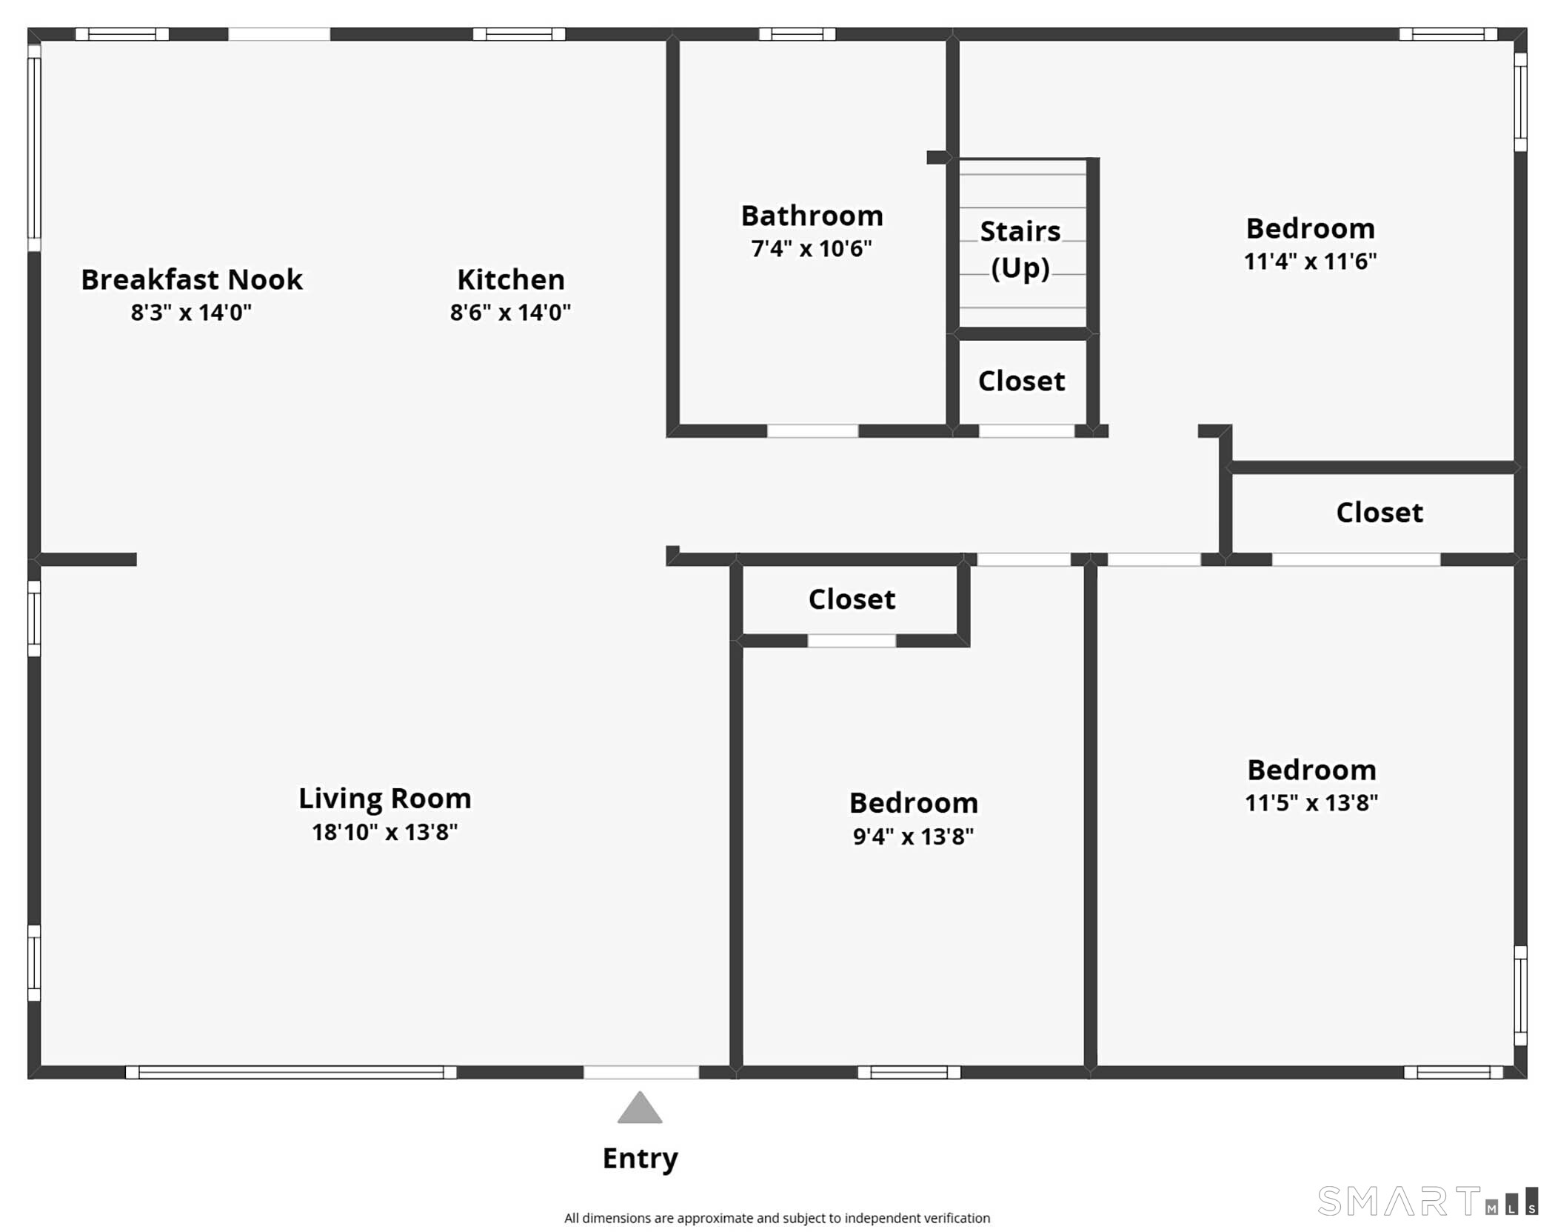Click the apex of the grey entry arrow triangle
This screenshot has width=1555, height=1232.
(640, 1091)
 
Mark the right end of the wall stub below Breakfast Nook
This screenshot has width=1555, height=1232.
(137, 559)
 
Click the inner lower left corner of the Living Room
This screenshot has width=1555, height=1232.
(41, 1066)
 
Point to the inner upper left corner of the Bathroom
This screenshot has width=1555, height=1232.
(680, 41)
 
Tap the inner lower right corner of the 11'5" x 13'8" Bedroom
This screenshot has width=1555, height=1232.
(1514, 1066)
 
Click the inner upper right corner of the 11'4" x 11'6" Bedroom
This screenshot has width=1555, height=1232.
(1514, 41)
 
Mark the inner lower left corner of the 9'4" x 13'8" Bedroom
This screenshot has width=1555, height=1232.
(743, 1066)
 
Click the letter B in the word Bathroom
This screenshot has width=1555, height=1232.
(750, 216)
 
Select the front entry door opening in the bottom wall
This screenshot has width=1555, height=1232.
(641, 1072)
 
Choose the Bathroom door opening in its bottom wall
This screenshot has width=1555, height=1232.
(812, 431)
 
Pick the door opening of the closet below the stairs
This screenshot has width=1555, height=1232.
(1026, 431)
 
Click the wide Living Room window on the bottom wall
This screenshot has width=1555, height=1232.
(291, 1072)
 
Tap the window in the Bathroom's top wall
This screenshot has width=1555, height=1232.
(797, 34)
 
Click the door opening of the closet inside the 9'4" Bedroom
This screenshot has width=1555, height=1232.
(852, 641)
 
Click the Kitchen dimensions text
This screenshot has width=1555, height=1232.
(510, 312)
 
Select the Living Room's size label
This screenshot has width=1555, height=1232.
(385, 832)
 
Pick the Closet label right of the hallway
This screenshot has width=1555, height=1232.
(1380, 513)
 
